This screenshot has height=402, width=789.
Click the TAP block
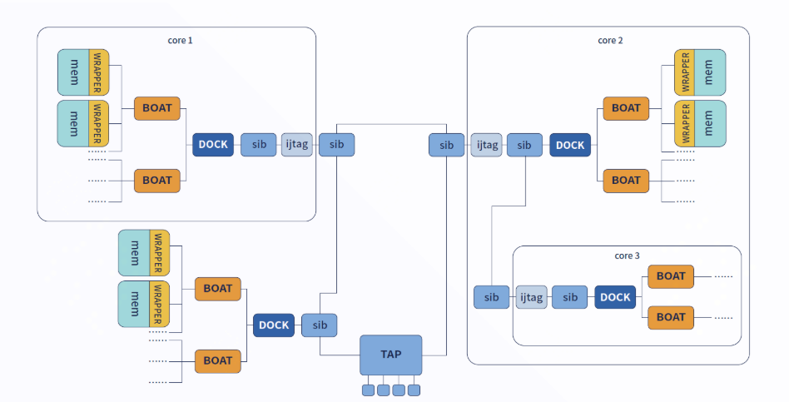(x=391, y=355)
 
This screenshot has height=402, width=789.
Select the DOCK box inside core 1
(x=213, y=145)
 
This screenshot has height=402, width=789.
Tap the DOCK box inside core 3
(x=616, y=297)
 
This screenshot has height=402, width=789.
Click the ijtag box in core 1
(x=297, y=145)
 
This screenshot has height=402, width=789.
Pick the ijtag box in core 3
(x=532, y=297)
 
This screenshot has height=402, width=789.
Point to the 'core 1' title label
(x=180, y=40)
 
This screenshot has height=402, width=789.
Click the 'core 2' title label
(x=610, y=40)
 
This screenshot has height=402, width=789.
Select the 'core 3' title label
(x=626, y=256)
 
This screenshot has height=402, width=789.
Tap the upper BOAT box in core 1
(x=157, y=108)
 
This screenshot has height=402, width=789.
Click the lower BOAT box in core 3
(x=671, y=317)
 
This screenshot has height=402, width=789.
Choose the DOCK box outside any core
(x=274, y=325)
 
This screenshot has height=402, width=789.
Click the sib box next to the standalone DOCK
(x=320, y=325)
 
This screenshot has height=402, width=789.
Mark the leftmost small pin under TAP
(x=368, y=390)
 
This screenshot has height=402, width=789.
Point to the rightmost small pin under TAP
(x=414, y=390)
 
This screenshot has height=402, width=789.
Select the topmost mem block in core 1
(x=74, y=72)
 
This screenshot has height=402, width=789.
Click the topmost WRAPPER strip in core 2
(x=684, y=72)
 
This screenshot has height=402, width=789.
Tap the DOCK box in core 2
(x=570, y=145)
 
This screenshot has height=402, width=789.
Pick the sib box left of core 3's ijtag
(x=492, y=297)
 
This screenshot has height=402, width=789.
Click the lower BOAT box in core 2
(x=626, y=181)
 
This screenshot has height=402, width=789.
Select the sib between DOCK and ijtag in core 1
(x=259, y=145)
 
